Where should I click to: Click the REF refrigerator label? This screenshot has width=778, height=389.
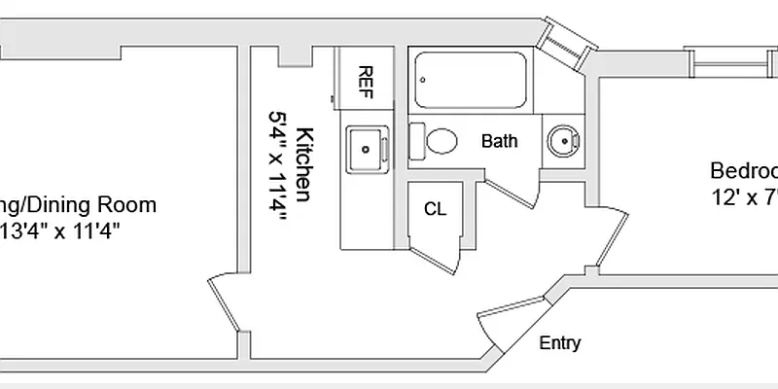366,78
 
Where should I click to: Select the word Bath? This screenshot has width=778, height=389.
499,142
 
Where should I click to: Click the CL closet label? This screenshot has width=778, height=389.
435,209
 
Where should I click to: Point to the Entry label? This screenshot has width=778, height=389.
559,343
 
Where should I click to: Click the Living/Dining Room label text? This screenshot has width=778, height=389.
78,205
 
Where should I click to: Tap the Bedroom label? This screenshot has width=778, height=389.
743,171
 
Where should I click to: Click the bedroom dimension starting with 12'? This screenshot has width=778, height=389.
744,197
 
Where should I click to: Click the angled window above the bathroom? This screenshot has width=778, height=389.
567,44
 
